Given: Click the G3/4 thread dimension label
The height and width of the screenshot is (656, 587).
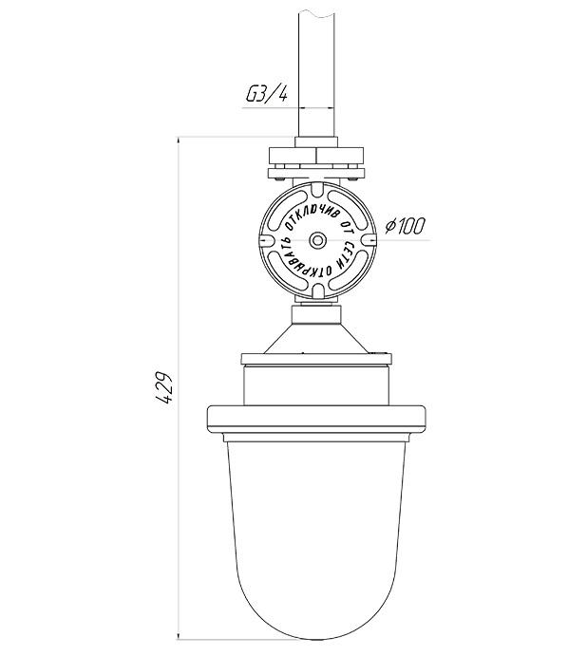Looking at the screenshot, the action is coord(267,96).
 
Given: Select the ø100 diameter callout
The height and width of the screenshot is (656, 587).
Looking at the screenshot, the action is coord(405,226).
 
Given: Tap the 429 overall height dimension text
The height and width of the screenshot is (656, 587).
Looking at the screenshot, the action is coord(164,387).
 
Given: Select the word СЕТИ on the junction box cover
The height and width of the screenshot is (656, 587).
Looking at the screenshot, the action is coord(346,254).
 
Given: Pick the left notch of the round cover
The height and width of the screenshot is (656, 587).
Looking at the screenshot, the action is coord(264,240).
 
